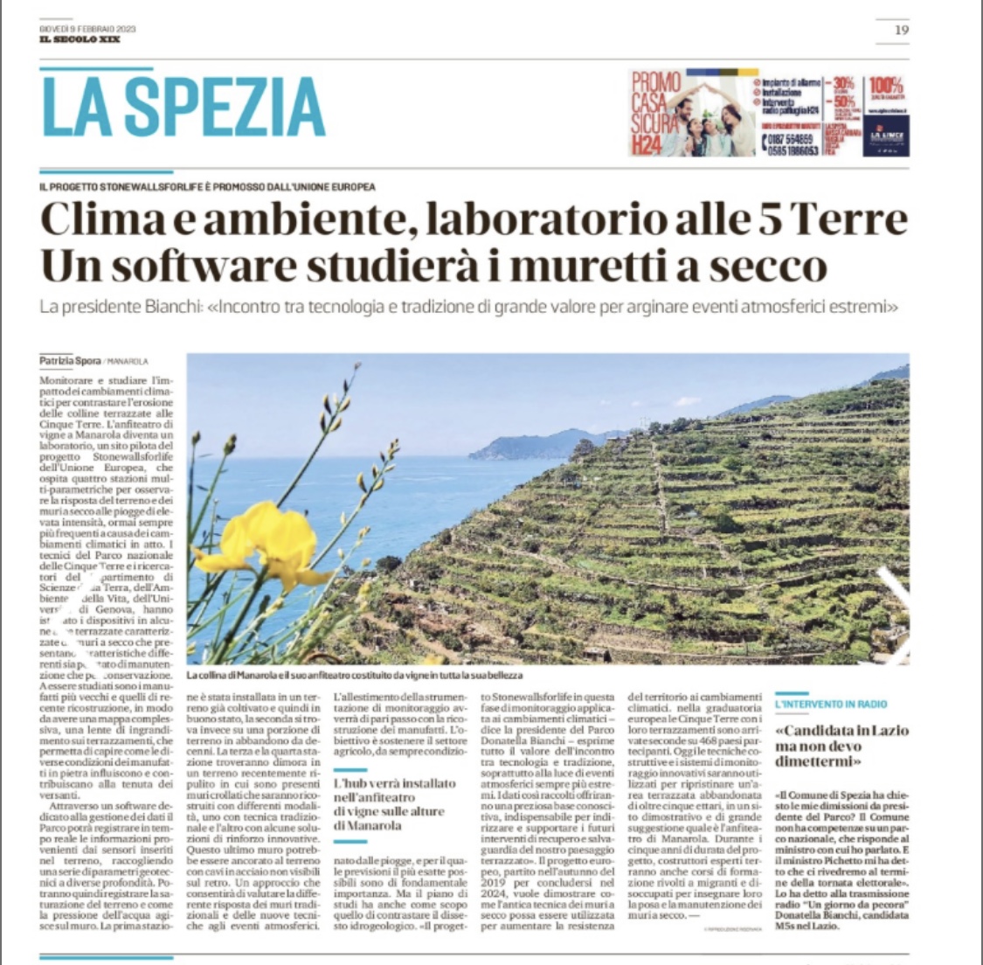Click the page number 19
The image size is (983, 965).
(x=902, y=31)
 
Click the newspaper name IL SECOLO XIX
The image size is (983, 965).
(x=80, y=39)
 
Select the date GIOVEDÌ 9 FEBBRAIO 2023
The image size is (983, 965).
(x=87, y=29)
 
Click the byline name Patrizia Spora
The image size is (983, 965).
(x=69, y=360)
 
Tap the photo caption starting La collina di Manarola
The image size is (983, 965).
(x=354, y=677)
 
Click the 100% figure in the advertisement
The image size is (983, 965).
(x=886, y=86)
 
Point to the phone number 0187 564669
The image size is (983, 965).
(x=791, y=139)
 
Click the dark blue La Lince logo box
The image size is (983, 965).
(x=886, y=139)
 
